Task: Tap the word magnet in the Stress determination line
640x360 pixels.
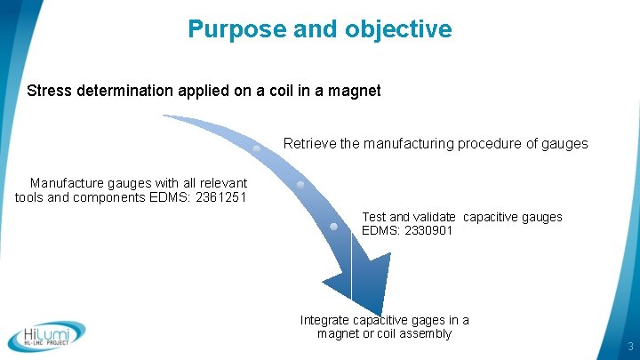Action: click(355, 91)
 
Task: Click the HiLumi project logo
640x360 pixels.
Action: click(46, 335)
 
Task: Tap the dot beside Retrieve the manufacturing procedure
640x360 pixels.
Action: click(257, 148)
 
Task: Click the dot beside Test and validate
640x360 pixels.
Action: click(333, 226)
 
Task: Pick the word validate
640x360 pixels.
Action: click(436, 217)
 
